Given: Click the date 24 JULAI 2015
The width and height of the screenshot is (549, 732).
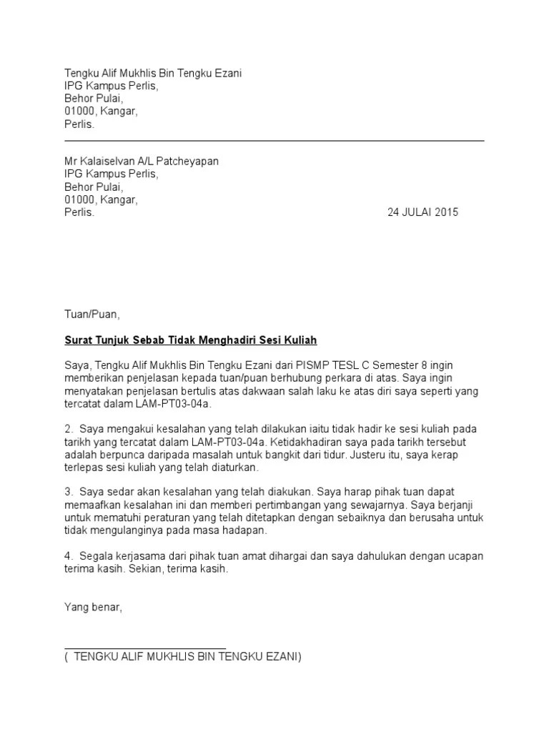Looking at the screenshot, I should [x=423, y=212].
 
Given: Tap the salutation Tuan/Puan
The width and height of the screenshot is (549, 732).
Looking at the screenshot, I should [x=88, y=314].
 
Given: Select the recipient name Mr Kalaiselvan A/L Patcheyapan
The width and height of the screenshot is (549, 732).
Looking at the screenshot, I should [x=142, y=162].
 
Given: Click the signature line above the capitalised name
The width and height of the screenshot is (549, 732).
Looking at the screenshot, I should [x=145, y=648].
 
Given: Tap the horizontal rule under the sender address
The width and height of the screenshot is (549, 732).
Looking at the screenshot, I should [x=274, y=141].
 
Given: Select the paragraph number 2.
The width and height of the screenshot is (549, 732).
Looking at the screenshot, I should [x=69, y=429].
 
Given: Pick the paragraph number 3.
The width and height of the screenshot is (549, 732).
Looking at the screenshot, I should [x=69, y=493].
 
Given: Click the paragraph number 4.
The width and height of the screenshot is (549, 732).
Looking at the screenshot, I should [x=69, y=556].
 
